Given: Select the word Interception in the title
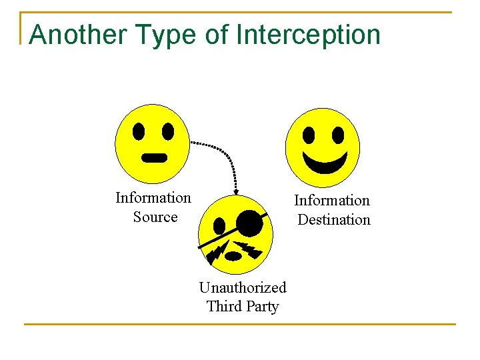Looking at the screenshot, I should pyautogui.click(x=307, y=35).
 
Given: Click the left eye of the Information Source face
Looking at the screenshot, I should pyautogui.click(x=138, y=131).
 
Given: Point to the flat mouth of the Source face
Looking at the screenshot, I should pyautogui.click(x=155, y=158).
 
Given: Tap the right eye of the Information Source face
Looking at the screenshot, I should pyautogui.click(x=168, y=131).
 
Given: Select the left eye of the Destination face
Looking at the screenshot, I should pyautogui.click(x=309, y=135).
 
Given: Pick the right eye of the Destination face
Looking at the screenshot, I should pyautogui.click(x=338, y=135).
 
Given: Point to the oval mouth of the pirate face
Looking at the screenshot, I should pyautogui.click(x=233, y=255).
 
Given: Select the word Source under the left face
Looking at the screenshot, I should pyautogui.click(x=155, y=217).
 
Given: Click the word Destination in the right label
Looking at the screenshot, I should pyautogui.click(x=333, y=220).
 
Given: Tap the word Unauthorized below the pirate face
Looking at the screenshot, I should pyautogui.click(x=243, y=287).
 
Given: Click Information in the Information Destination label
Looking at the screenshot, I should pyautogui.click(x=332, y=201).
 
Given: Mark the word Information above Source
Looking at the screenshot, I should pyautogui.click(x=153, y=198).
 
